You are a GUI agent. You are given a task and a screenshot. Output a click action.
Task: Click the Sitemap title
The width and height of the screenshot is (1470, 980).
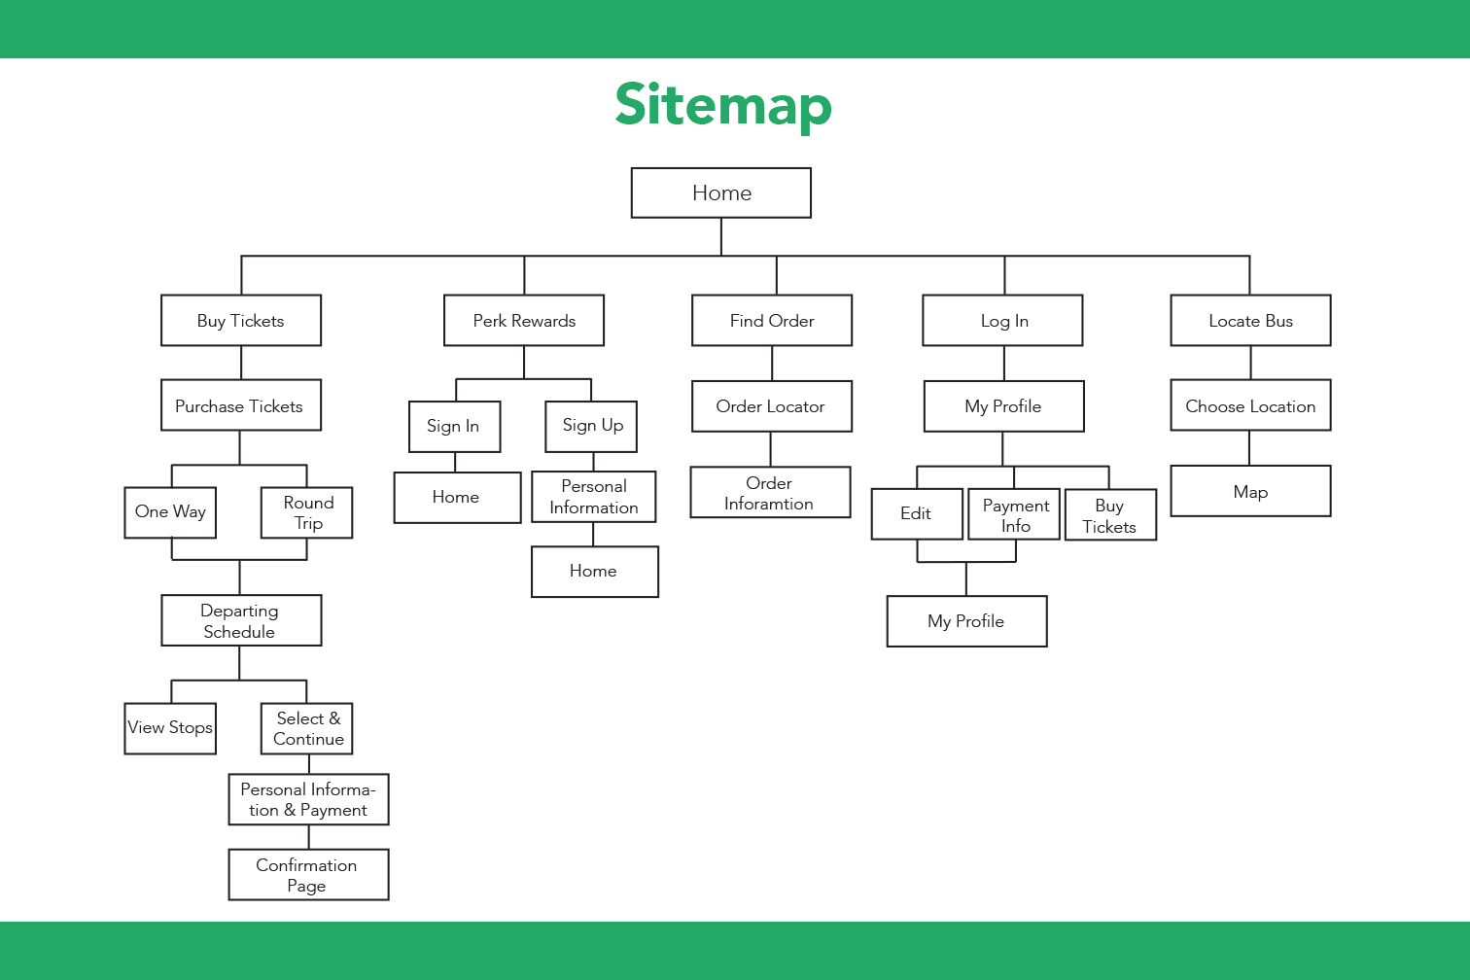pyautogui.click(x=723, y=105)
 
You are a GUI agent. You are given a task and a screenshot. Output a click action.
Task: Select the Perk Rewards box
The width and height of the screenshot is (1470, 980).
pyautogui.click(x=524, y=320)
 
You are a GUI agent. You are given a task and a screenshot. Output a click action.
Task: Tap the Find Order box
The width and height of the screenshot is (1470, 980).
pyautogui.click(x=772, y=320)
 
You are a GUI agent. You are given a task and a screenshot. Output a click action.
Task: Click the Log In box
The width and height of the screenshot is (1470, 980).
pyautogui.click(x=1002, y=320)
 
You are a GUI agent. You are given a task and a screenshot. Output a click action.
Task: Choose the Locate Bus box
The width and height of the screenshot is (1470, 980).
pyautogui.click(x=1251, y=320)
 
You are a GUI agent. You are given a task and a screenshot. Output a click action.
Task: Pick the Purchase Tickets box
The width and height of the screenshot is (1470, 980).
pyautogui.click(x=241, y=405)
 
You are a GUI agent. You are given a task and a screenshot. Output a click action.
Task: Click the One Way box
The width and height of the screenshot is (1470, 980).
pyautogui.click(x=170, y=512)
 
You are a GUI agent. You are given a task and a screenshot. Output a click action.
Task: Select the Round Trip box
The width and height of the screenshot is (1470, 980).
pyautogui.click(x=306, y=512)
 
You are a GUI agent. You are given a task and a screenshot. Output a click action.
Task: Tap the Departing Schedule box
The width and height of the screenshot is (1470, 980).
pyautogui.click(x=241, y=620)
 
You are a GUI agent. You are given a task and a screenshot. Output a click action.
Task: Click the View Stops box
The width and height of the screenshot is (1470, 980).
pyautogui.click(x=170, y=728)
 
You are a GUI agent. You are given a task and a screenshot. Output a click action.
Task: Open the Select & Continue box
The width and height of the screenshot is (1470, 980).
pyautogui.click(x=306, y=728)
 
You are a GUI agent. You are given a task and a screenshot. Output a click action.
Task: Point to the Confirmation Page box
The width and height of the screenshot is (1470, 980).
pyautogui.click(x=308, y=875)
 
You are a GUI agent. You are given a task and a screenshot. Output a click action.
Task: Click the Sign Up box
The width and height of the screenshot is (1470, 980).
pyautogui.click(x=591, y=427)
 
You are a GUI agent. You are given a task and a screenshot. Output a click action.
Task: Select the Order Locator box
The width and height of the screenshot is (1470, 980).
pyautogui.click(x=772, y=406)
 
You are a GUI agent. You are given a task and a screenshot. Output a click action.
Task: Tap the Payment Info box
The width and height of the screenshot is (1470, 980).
pyautogui.click(x=1014, y=514)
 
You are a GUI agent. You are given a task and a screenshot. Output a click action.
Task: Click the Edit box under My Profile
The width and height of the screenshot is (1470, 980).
pyautogui.click(x=917, y=514)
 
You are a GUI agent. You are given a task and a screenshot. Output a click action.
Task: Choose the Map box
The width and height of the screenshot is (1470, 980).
pyautogui.click(x=1251, y=491)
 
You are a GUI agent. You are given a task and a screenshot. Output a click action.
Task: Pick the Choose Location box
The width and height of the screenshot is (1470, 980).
pyautogui.click(x=1251, y=405)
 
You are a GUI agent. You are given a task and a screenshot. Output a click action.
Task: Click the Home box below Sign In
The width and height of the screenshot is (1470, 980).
pyautogui.click(x=457, y=498)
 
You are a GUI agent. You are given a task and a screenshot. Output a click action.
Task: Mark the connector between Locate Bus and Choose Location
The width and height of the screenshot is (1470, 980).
pyautogui.click(x=1251, y=363)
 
